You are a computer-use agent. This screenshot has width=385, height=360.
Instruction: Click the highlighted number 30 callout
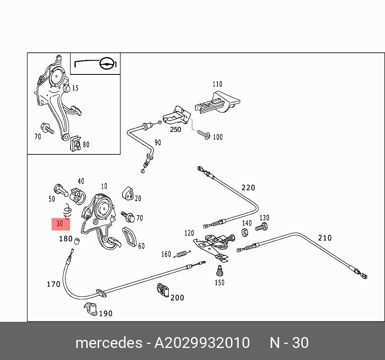coord(60,224)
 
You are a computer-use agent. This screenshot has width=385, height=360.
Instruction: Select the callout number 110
coord(217,84)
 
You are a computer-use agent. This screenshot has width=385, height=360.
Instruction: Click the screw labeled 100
coord(206,135)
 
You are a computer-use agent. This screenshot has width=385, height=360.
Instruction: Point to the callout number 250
coord(175,130)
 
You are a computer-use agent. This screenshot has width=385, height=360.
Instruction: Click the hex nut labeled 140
coord(244,232)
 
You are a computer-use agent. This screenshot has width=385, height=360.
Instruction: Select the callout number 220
coord(248,187)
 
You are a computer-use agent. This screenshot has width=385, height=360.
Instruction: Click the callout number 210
coord(325,238)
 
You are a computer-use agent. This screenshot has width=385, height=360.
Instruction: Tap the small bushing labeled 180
coord(78,241)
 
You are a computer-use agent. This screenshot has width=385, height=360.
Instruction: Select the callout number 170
coord(53,284)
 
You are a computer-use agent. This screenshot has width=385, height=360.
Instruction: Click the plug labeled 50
coord(60,190)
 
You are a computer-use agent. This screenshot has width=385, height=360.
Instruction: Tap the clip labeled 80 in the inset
coord(75,144)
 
